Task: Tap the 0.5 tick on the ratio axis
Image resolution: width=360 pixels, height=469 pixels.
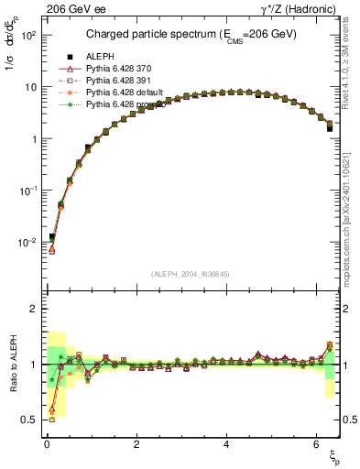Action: [28, 420]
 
